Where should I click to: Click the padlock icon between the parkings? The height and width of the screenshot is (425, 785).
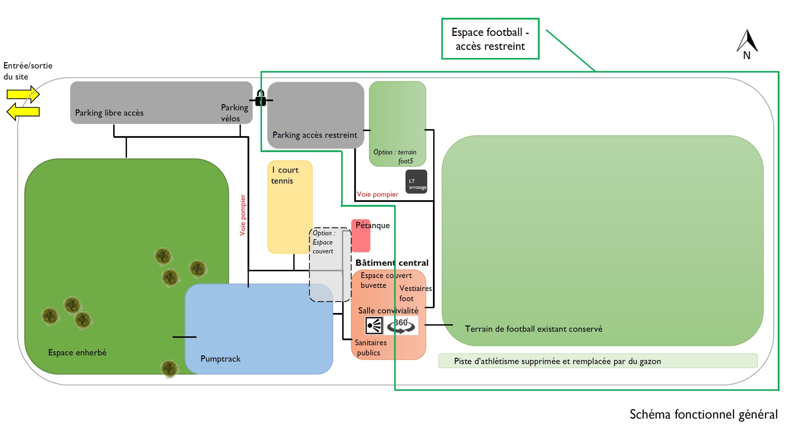[x=261, y=98]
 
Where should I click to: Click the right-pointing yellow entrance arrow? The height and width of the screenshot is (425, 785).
[x=23, y=94]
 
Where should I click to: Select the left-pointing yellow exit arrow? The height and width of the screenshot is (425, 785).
[x=23, y=111]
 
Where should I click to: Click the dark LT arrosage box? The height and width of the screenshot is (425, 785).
[x=416, y=182]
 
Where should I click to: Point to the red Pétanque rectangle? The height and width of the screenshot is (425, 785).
[x=361, y=236]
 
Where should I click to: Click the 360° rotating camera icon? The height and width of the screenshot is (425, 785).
[x=401, y=326]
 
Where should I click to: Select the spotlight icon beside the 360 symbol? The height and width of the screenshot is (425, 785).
[x=374, y=326]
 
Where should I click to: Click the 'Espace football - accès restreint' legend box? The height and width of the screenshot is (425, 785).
[x=490, y=39]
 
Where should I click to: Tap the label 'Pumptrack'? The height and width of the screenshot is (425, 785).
[x=220, y=359]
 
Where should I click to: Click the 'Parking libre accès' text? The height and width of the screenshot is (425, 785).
[x=109, y=113]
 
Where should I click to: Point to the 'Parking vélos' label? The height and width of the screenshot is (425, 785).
[x=234, y=113]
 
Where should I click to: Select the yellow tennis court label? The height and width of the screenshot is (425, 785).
[x=285, y=175]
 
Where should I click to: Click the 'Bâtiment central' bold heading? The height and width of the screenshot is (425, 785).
[x=392, y=263]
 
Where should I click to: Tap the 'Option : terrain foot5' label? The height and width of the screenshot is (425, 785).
[x=395, y=156]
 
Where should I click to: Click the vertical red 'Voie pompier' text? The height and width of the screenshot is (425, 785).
[x=243, y=215]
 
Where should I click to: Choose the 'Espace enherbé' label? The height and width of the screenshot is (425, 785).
[x=77, y=352]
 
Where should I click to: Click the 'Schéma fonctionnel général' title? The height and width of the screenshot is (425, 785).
[x=704, y=414]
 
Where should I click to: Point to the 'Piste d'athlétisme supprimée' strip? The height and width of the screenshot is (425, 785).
[x=598, y=361]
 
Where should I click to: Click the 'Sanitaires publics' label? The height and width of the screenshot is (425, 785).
[x=370, y=348]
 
